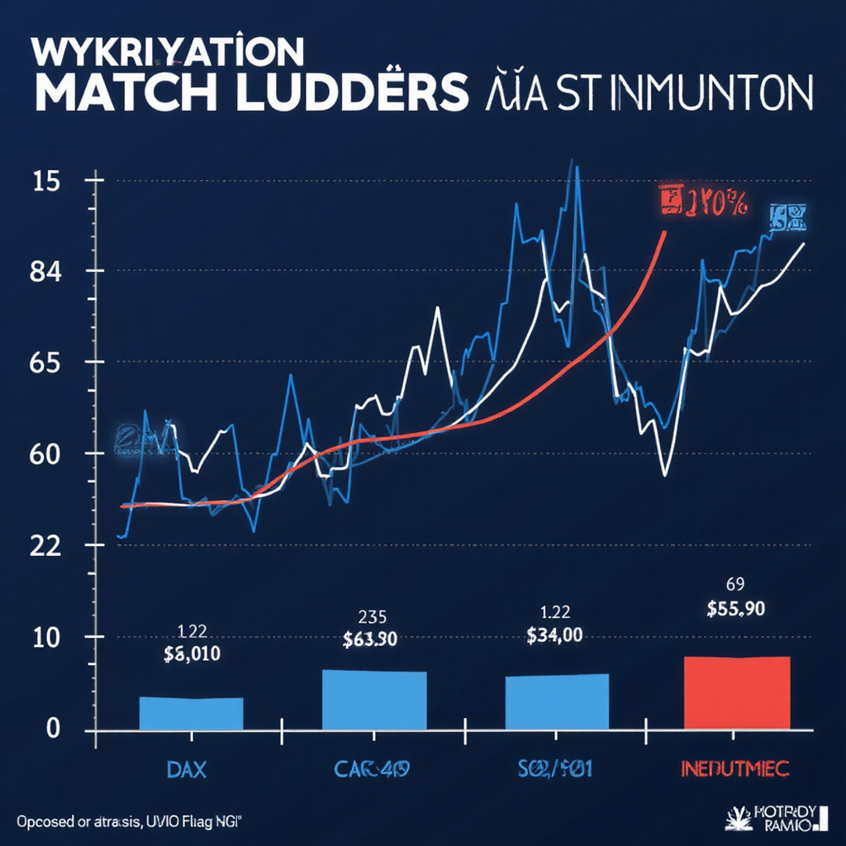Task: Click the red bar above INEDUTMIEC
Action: pyautogui.click(x=737, y=692)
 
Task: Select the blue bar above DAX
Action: pyautogui.click(x=191, y=713)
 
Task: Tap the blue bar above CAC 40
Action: pyautogui.click(x=373, y=699)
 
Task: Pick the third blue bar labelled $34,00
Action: pyautogui.click(x=556, y=701)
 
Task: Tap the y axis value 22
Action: pyautogui.click(x=47, y=545)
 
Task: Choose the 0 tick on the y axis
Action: pyautogui.click(x=54, y=729)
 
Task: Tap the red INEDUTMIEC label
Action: pyautogui.click(x=734, y=769)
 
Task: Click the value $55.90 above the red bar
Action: pyautogui.click(x=735, y=610)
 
